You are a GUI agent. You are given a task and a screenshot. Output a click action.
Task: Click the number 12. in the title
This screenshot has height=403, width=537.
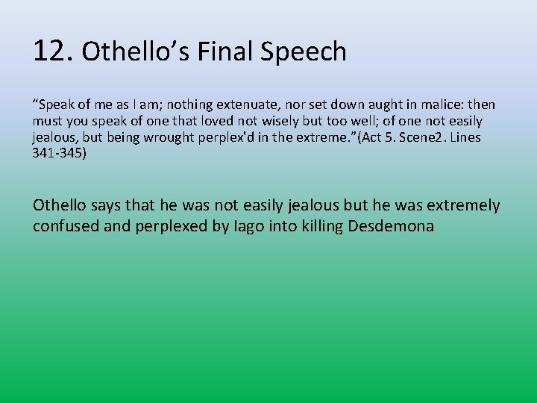coord(53,51)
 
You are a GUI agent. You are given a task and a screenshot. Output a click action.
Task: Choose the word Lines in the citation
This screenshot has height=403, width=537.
coord(464,137)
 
